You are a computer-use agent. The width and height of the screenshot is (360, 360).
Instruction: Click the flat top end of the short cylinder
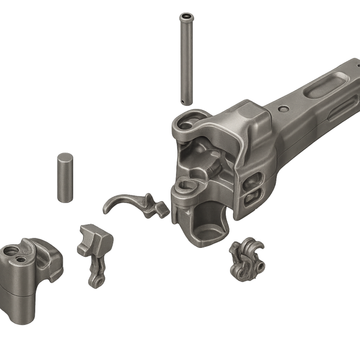(x=64, y=156)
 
